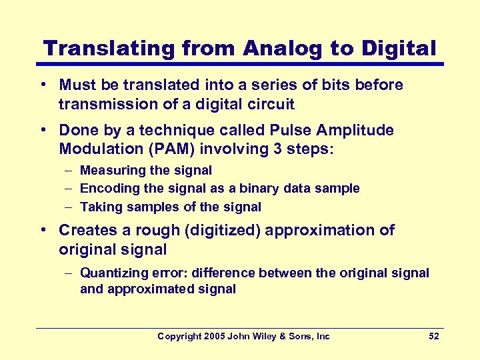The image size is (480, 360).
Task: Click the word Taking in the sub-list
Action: point(101,207)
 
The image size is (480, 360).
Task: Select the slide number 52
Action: point(433,336)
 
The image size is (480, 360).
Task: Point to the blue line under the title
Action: point(240,64)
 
